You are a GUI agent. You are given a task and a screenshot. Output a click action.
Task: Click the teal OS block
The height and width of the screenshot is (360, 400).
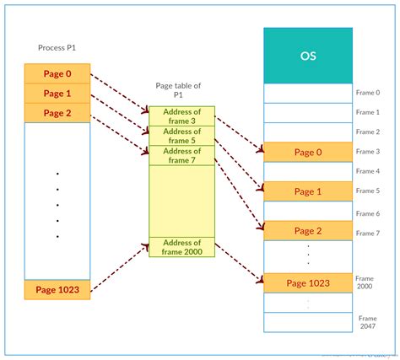[x=308, y=55]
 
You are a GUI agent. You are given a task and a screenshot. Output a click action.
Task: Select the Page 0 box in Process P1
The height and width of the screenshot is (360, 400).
[x=57, y=73]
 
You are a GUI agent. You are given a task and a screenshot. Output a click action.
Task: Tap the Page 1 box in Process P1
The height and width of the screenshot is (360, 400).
[x=57, y=93]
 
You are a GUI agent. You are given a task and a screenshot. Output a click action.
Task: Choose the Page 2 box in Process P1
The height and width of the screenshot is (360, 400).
[x=57, y=112]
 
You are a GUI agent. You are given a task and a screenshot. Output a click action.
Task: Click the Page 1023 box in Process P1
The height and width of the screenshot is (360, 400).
[x=57, y=290]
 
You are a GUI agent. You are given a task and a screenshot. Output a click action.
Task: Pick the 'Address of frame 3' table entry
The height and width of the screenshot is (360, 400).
[x=181, y=116]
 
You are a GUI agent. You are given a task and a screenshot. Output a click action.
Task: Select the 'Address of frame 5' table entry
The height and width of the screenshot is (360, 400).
[x=181, y=135]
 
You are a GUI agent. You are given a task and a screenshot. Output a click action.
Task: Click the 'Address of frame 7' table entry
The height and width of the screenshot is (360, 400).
[x=181, y=155]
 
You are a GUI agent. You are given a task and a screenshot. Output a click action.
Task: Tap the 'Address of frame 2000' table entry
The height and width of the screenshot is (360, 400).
[x=181, y=247]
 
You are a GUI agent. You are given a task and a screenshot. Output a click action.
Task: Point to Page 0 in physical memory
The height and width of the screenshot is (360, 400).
[x=308, y=152]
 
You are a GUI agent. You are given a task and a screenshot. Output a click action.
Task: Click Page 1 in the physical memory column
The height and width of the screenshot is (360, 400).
[x=308, y=191]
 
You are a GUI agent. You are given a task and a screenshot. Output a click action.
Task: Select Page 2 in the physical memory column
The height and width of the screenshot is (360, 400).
[x=308, y=231]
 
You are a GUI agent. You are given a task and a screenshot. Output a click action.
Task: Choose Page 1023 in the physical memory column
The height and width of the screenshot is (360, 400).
[x=308, y=283]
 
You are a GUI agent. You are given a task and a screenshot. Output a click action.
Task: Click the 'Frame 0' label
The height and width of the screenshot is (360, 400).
[x=369, y=93]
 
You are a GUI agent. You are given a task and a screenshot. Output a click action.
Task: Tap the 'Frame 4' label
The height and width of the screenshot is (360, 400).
[x=369, y=171]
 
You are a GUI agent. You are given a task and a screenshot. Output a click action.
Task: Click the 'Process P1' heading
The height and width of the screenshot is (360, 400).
[x=58, y=48]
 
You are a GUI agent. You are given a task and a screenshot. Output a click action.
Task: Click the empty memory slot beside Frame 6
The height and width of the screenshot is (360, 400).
[x=308, y=211]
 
